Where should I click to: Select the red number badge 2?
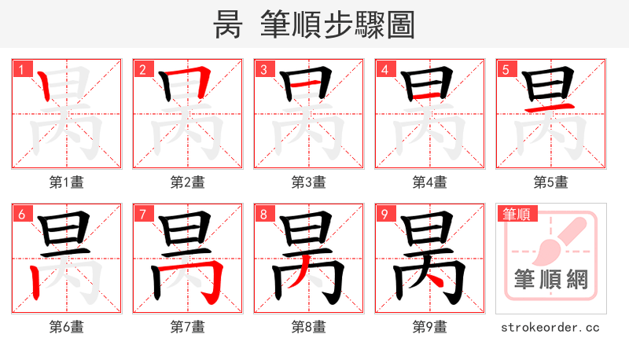(x=143, y=69)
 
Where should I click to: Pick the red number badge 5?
(x=506, y=69)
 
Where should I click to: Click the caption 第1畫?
(x=67, y=182)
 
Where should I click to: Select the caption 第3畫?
(x=309, y=182)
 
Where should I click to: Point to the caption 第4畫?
(x=430, y=182)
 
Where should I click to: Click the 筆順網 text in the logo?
(x=550, y=280)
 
